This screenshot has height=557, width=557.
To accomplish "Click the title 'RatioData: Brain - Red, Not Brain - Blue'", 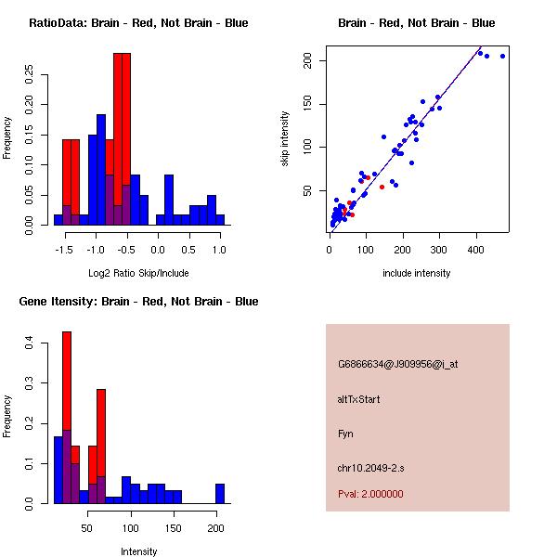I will pos(138,22).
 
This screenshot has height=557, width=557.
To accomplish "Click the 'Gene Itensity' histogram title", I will pos(138,301).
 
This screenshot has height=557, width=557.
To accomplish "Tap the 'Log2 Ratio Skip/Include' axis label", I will pos(138,273).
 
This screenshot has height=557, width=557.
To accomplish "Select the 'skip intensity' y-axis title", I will pos(286,139).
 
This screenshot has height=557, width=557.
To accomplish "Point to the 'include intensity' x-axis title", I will pos(417,273).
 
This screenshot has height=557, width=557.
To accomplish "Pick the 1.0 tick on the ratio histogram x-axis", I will pos(219,249).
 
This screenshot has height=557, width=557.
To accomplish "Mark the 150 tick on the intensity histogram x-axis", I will pos(173,527).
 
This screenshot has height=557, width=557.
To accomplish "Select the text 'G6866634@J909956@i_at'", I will pos(398,364).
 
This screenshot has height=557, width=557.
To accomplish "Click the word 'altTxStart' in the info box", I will pos(359,399).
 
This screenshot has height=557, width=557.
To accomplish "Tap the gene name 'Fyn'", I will pos(345,434).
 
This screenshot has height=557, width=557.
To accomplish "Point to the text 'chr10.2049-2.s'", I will pos(369,467).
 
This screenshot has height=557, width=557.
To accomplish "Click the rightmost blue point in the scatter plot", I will pos(502,56).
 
